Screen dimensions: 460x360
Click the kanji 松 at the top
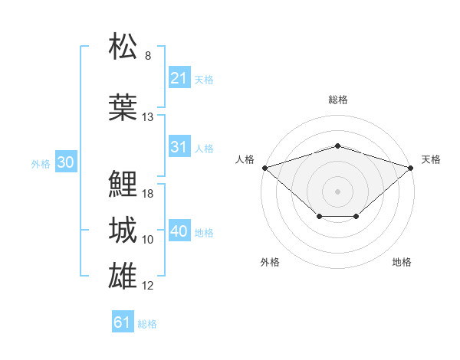point(123,46)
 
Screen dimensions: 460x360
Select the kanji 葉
point(123,107)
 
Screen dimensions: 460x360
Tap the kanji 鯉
point(123,184)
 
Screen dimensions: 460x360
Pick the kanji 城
point(123,230)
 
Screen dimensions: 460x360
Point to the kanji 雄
point(123,276)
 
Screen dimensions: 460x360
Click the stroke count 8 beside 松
point(148,56)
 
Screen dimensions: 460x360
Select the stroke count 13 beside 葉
point(147,117)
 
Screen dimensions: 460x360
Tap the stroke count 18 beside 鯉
point(147,194)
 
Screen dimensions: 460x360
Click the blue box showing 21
point(179,77)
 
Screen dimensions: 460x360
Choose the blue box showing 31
point(179,146)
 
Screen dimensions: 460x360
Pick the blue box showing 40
point(179,230)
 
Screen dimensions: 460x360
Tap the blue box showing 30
point(66,162)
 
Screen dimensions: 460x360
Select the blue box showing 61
point(123,321)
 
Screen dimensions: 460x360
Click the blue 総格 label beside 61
point(147,324)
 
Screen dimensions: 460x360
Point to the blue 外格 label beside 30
point(41,164)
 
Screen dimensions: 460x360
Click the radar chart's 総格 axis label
point(338,100)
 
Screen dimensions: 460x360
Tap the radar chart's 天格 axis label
point(431,159)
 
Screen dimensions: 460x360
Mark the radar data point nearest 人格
point(265,168)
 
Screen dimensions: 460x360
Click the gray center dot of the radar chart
point(337,191)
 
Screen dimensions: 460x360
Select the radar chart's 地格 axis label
point(402,262)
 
